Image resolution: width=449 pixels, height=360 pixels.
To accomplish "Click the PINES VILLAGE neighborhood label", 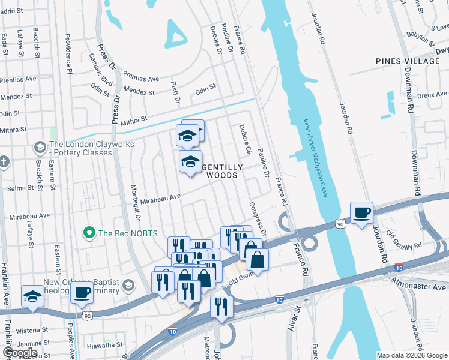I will [x=403, y=61].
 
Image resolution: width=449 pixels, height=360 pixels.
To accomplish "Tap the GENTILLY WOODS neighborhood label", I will [x=223, y=171].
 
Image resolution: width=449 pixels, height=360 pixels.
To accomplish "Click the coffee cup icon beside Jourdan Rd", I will [x=361, y=213].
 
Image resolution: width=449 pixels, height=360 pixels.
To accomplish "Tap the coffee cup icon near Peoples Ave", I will [x=82, y=293].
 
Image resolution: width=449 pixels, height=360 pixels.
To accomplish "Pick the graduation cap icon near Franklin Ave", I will [x=32, y=296].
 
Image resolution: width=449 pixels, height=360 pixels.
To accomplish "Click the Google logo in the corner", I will [x=20, y=353].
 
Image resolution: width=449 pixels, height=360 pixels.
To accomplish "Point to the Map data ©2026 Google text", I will [x=412, y=355].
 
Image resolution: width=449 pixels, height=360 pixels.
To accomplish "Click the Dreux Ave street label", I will [x=432, y=94].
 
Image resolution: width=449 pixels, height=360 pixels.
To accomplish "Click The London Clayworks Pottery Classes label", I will [x=80, y=148].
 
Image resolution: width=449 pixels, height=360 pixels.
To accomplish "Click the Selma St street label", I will [x=19, y=188].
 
